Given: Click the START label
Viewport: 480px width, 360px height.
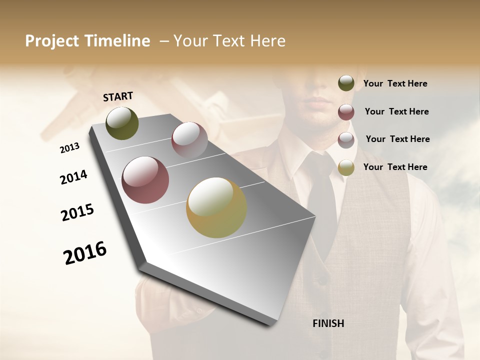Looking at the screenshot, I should point(118,96).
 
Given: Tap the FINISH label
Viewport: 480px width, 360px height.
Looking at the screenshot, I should point(328,323).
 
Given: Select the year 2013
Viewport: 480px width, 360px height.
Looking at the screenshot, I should point(69,148).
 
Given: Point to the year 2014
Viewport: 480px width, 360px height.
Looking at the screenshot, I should point(73,177).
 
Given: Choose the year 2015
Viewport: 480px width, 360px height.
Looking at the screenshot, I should point(77,212).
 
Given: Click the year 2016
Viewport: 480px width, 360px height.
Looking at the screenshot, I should point(85,253).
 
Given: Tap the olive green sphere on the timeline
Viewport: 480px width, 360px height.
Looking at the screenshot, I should point(122,123).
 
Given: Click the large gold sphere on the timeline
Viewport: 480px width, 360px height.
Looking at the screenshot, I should point(216,207).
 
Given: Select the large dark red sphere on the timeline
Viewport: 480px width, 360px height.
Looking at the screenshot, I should point(145,180).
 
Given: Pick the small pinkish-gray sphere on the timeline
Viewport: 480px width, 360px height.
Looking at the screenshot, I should point(189,140).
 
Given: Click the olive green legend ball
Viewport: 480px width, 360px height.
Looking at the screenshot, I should point(346,83).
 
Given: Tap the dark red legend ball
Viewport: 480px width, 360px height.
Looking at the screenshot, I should point(346,112).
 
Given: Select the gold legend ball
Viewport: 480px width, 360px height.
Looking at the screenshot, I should point(346,167).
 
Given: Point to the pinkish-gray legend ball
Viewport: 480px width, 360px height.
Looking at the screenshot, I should point(346,140).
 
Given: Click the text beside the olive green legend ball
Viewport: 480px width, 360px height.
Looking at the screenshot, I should point(395,84).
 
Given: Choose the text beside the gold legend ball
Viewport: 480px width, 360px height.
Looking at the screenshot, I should point(395,167).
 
